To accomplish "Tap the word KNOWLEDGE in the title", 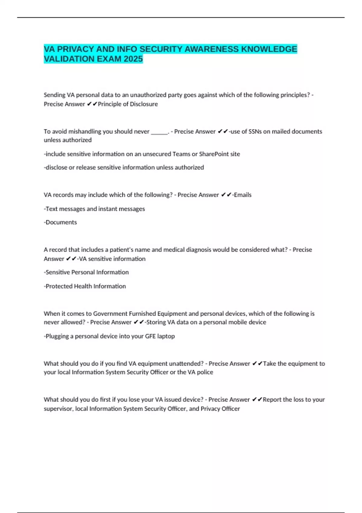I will click(269, 49).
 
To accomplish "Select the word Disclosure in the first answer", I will click(144, 104).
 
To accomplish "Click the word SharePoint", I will click(214, 154).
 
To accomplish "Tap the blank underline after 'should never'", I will click(159, 132).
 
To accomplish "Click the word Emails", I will click(243, 195).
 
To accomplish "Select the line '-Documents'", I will click(60, 222).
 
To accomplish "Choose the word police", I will click(205, 372).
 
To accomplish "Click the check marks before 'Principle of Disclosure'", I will click(92, 104).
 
